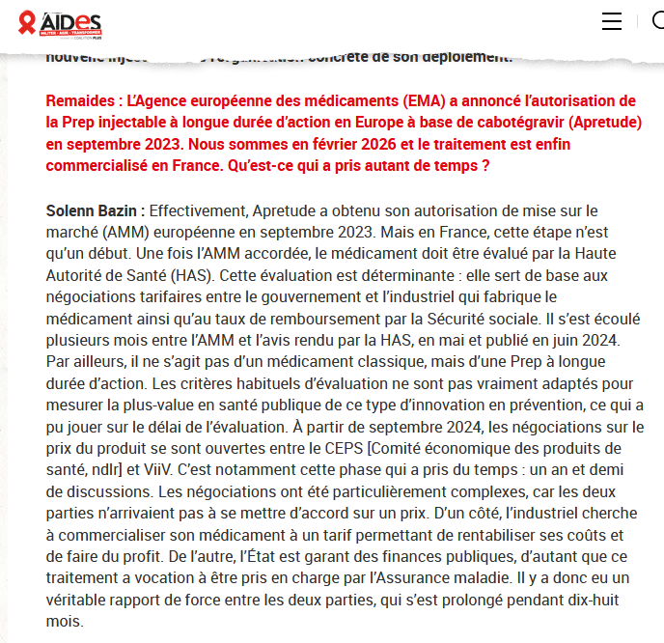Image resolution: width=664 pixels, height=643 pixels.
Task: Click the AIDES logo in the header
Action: (60, 23)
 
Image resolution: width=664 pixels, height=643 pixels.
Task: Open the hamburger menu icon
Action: (612, 21)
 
